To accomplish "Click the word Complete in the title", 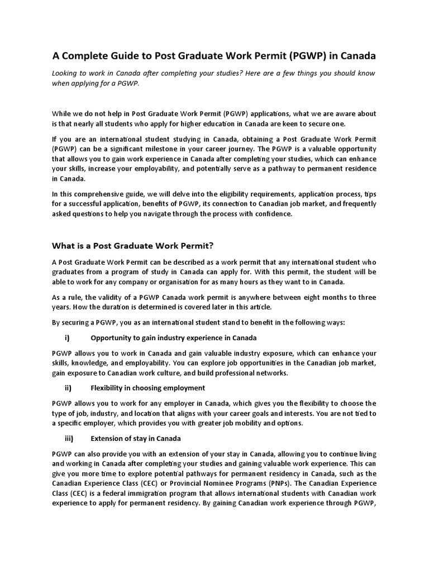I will [x=87, y=56].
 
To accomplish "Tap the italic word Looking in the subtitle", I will [x=66, y=73].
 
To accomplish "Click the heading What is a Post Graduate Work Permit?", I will [x=133, y=245].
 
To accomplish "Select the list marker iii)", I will [x=70, y=438].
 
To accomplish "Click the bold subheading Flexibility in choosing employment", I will [x=147, y=388].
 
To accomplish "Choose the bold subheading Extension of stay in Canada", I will [x=135, y=438].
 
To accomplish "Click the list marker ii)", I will [x=70, y=388].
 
